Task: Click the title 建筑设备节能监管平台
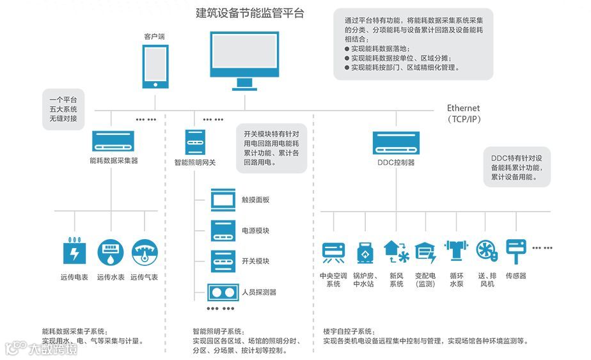click(249, 13)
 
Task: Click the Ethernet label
click(463, 109)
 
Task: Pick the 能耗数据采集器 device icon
click(113, 141)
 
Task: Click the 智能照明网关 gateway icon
click(195, 141)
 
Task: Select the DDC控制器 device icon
click(396, 141)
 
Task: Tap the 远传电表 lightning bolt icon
click(74, 252)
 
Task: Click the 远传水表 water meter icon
click(110, 252)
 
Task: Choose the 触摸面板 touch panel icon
click(222, 200)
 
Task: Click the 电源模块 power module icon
click(222, 230)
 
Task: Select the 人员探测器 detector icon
click(222, 292)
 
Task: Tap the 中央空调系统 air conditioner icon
click(333, 252)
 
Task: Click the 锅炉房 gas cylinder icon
click(365, 252)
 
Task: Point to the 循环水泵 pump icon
click(456, 251)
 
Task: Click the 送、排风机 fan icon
click(486, 251)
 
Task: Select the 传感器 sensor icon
click(516, 249)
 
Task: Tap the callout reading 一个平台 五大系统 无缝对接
click(63, 109)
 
